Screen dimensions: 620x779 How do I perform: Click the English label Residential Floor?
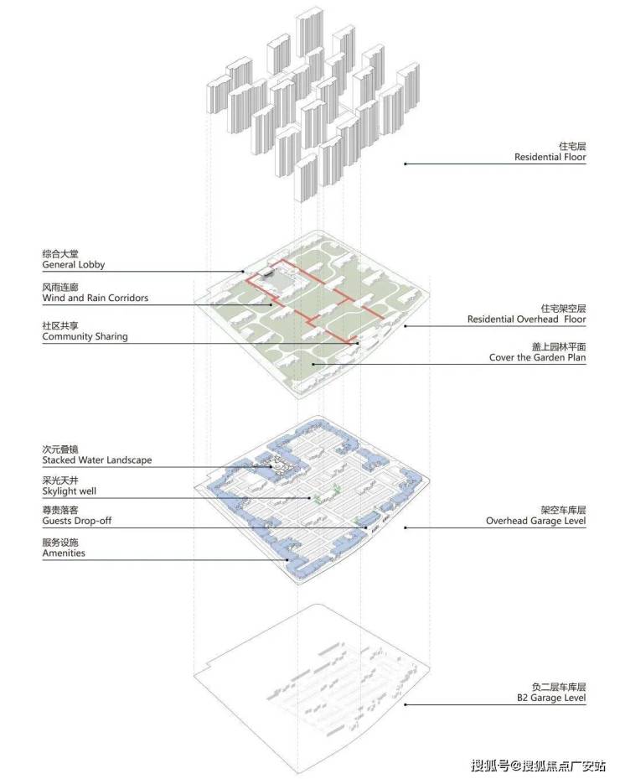550,157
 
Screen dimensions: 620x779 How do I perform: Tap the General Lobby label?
74,264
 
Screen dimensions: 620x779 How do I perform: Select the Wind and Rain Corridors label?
96,298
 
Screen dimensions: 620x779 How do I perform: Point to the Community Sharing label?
85,336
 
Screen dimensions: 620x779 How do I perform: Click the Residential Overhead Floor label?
526,319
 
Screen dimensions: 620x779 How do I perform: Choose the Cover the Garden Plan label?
537,357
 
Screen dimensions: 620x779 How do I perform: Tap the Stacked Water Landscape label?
97,460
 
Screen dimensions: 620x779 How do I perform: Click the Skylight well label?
69,491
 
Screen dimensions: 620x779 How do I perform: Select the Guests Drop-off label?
77,521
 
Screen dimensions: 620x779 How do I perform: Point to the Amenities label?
64,553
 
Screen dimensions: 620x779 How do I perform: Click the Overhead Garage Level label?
535,521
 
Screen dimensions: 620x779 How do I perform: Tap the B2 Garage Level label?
551,698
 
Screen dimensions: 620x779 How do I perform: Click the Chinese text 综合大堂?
60,254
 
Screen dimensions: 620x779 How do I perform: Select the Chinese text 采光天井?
60,480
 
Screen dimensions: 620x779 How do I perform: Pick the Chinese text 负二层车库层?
559,687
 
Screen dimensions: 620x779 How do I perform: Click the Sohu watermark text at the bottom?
539,765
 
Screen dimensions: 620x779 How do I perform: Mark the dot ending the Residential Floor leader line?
405,164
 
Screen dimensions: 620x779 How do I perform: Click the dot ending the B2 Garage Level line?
405,704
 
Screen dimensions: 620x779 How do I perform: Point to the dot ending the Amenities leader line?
288,560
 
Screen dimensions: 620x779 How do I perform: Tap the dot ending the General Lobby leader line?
243,271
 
